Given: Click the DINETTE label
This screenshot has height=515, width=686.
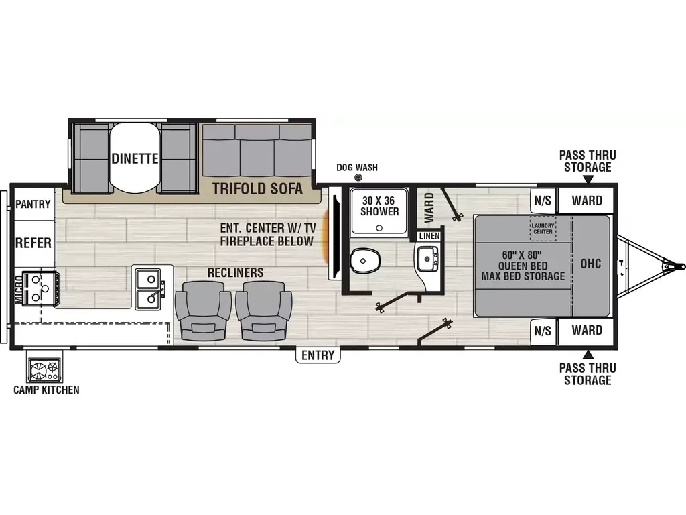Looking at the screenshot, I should [135, 159].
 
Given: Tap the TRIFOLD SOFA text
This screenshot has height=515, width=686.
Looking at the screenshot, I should [258, 189].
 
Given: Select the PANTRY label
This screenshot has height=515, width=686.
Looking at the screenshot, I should [33, 204].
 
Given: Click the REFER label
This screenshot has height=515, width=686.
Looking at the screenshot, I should [33, 242].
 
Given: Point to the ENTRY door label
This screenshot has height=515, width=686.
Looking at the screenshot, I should [318, 355].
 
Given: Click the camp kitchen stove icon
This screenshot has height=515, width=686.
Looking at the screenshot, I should [44, 370].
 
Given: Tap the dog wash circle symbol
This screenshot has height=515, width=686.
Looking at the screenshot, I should [358, 178].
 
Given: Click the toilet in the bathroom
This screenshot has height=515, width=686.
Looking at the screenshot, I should [364, 257].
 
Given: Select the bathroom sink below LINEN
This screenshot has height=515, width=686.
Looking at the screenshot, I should [426, 257].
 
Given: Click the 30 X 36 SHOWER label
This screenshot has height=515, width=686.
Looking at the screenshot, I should [380, 205].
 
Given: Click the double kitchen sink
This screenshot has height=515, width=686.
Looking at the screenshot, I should [149, 288].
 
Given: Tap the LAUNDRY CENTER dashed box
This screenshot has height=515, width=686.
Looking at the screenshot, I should [543, 229].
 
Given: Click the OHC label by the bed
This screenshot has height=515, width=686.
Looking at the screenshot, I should [591, 264].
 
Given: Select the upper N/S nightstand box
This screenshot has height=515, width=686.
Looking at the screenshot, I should [543, 200].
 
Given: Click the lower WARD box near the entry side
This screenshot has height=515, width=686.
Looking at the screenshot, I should [587, 330].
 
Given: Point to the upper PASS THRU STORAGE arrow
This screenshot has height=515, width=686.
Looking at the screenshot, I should [588, 179].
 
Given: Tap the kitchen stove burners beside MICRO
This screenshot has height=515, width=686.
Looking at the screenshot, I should [39, 289].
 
